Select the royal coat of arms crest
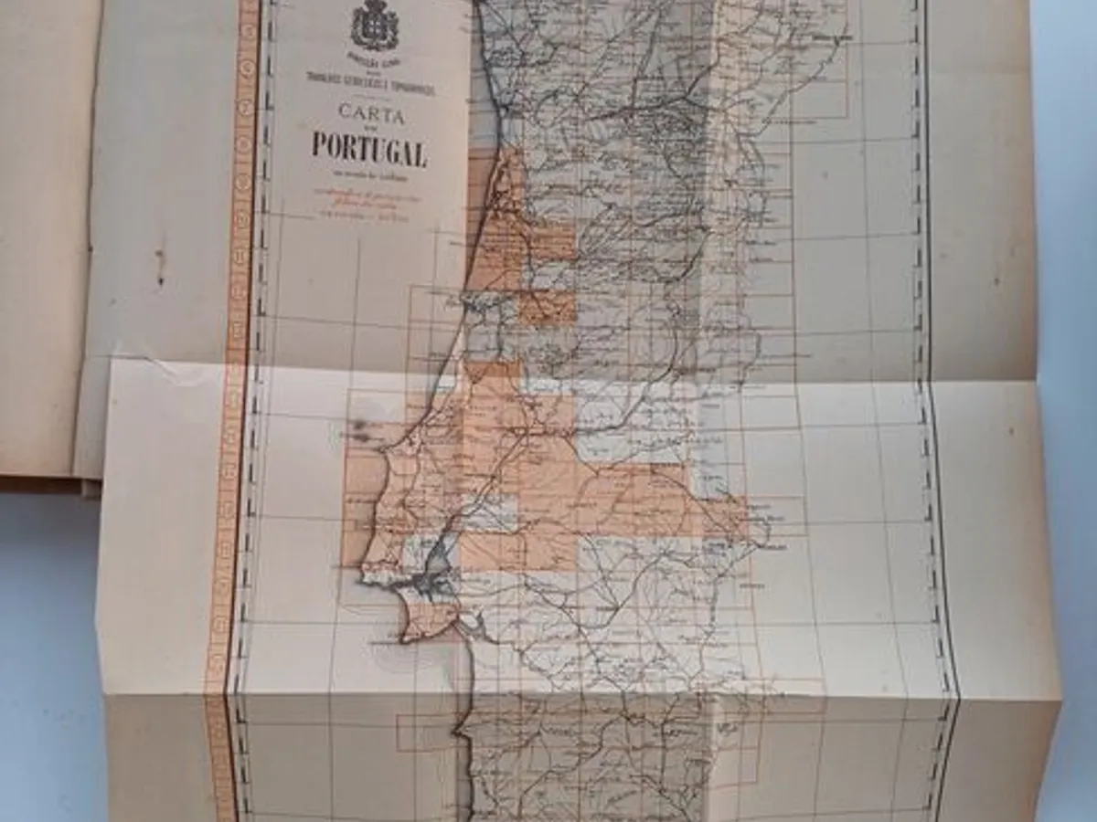[x=375, y=26]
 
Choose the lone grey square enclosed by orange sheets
[x=489, y=516]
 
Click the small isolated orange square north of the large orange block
[x=547, y=309]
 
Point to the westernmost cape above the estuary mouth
[x=366, y=574]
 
